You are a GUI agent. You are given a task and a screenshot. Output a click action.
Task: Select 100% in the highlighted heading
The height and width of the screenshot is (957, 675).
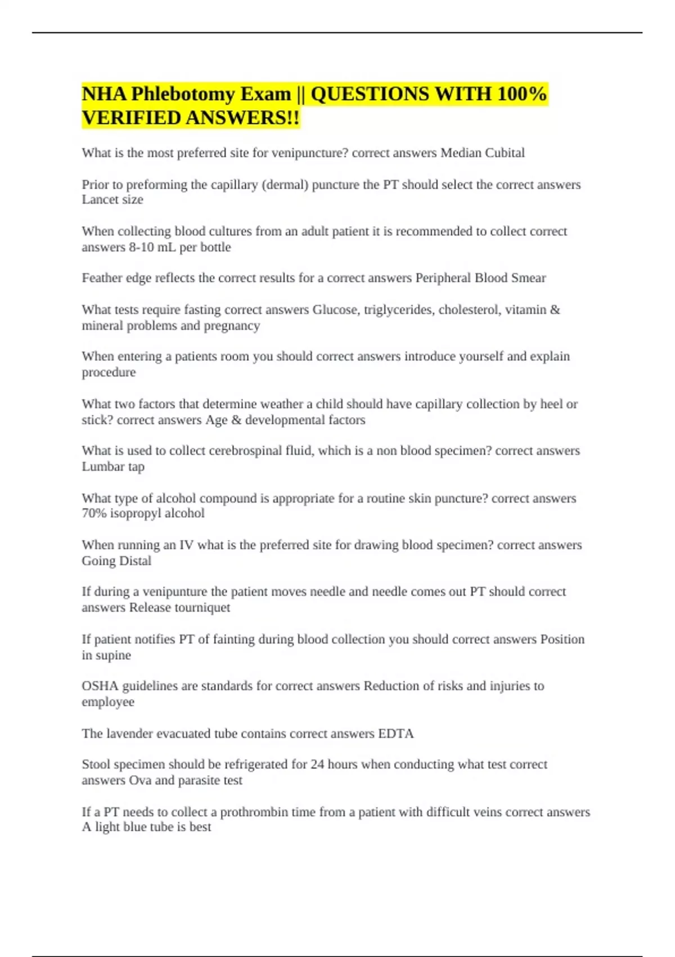pos(521,94)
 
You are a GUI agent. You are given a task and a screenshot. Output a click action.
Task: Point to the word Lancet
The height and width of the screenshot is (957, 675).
pos(97,200)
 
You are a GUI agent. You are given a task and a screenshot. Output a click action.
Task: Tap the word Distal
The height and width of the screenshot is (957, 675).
pos(136,561)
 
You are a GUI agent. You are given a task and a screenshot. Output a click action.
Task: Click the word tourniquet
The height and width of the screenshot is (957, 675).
pos(202,607)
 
